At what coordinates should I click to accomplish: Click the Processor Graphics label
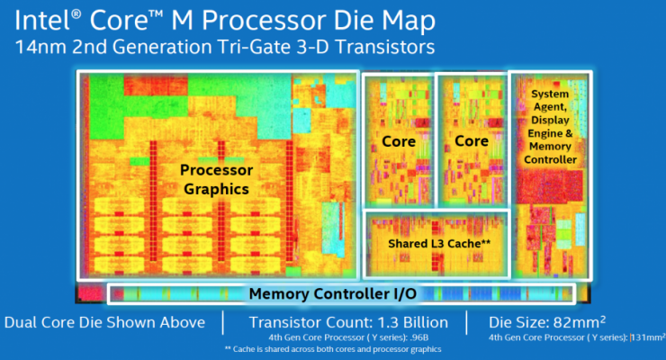(x=216, y=179)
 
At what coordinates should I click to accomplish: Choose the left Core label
(x=397, y=141)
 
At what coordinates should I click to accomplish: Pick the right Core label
(x=471, y=141)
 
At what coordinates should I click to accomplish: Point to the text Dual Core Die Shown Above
(x=104, y=322)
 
